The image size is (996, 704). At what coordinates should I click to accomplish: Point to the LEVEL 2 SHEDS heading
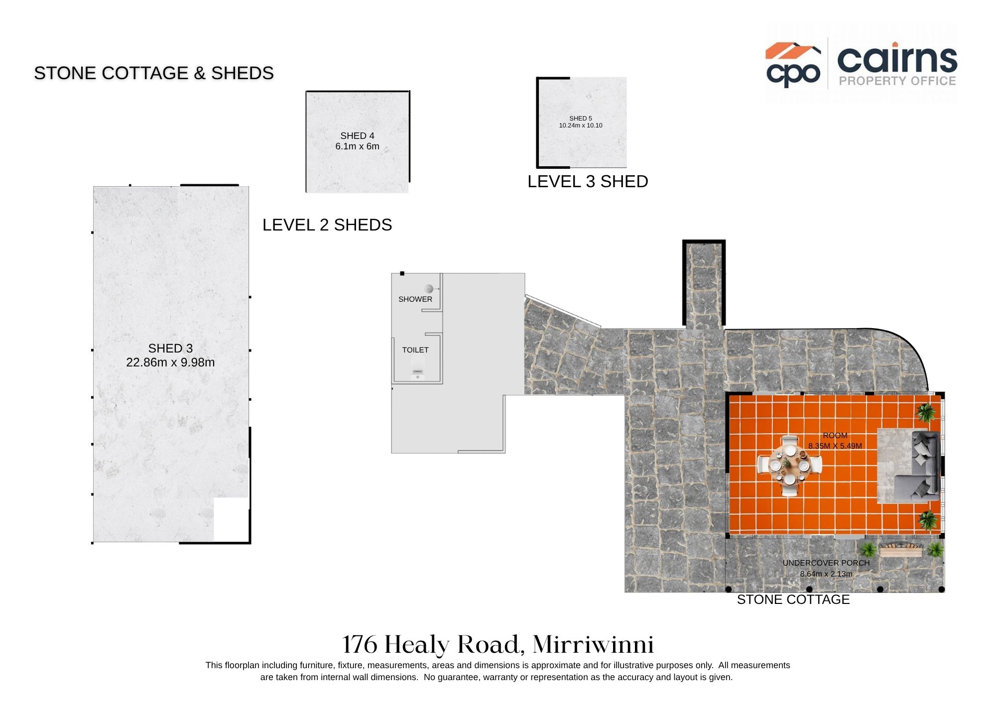click(327, 225)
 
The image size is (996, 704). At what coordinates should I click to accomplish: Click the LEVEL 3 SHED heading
click(588, 182)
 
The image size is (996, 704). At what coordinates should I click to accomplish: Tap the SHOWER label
click(415, 299)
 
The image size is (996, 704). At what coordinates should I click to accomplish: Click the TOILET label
click(415, 350)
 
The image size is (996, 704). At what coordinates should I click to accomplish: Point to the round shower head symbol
click(429, 289)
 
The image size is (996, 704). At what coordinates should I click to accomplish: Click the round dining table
click(789, 466)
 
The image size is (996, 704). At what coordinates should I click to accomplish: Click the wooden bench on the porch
click(901, 550)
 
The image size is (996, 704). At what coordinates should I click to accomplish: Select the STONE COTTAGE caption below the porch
click(793, 599)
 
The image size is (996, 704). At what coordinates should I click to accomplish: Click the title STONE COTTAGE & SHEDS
click(154, 73)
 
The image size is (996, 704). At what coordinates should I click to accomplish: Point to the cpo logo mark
click(793, 65)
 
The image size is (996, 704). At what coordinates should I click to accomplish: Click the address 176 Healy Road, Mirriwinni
click(498, 644)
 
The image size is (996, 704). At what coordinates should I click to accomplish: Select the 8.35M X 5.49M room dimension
click(835, 446)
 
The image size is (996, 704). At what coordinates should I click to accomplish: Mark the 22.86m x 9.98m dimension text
click(170, 362)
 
